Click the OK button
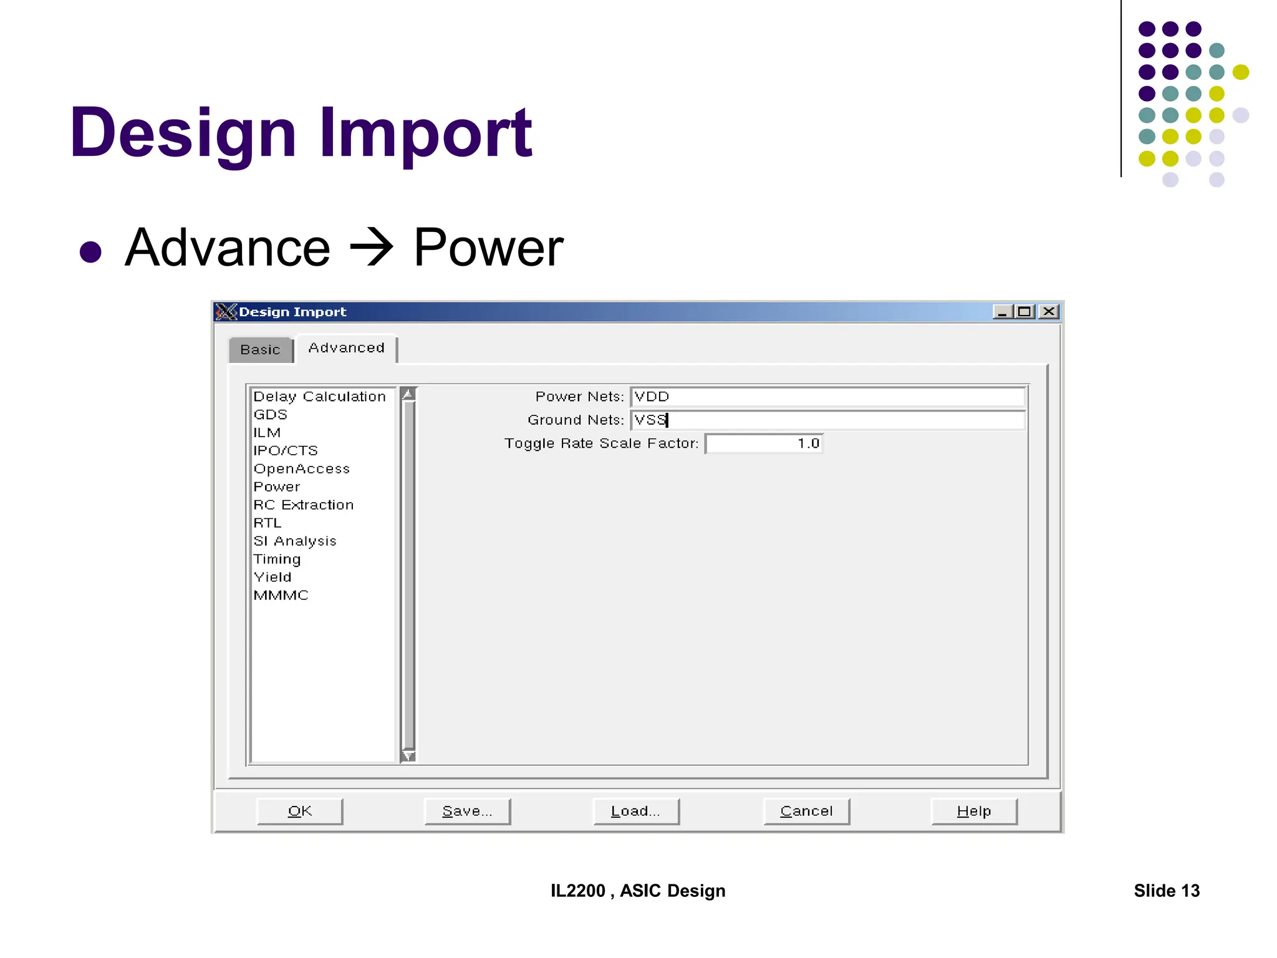point(299,811)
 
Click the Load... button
point(635,811)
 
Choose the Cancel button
point(806,811)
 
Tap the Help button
point(974,811)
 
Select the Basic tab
point(260,349)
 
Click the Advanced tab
point(347,347)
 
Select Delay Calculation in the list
point(319,397)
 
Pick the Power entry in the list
point(277,486)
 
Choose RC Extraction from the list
point(304,505)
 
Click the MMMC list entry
point(281,595)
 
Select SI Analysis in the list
point(295,541)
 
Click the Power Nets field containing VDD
point(827,397)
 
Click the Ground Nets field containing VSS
point(827,420)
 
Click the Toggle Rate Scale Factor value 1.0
point(764,443)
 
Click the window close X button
point(1049,311)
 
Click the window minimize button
point(1002,311)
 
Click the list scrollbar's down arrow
point(408,756)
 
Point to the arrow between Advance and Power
point(372,248)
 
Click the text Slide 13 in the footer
point(1166,891)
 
